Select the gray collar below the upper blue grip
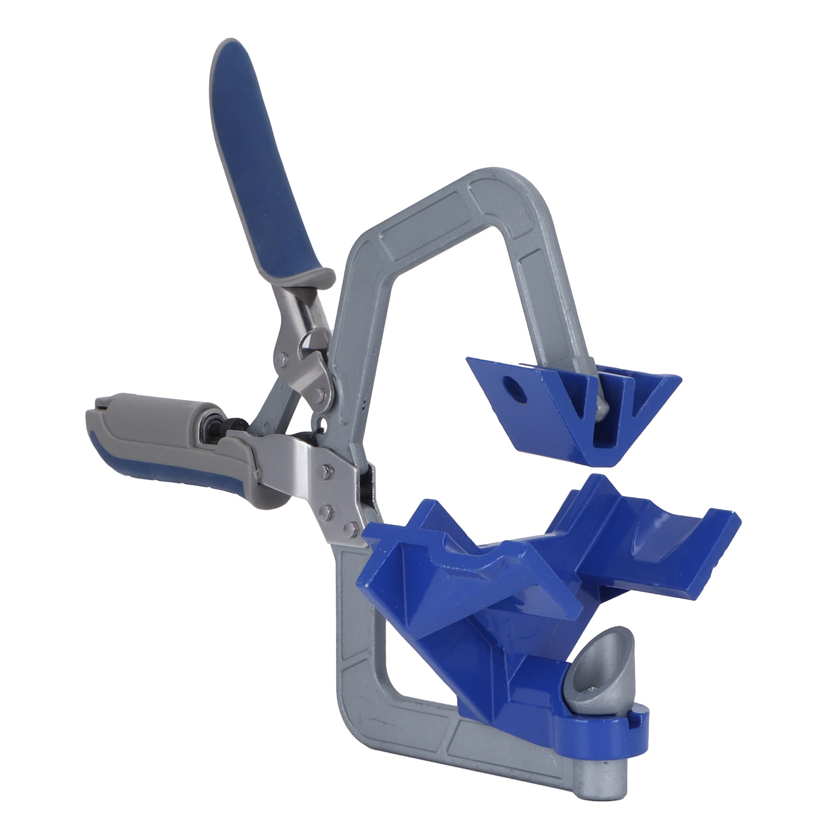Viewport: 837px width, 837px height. (308, 280)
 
